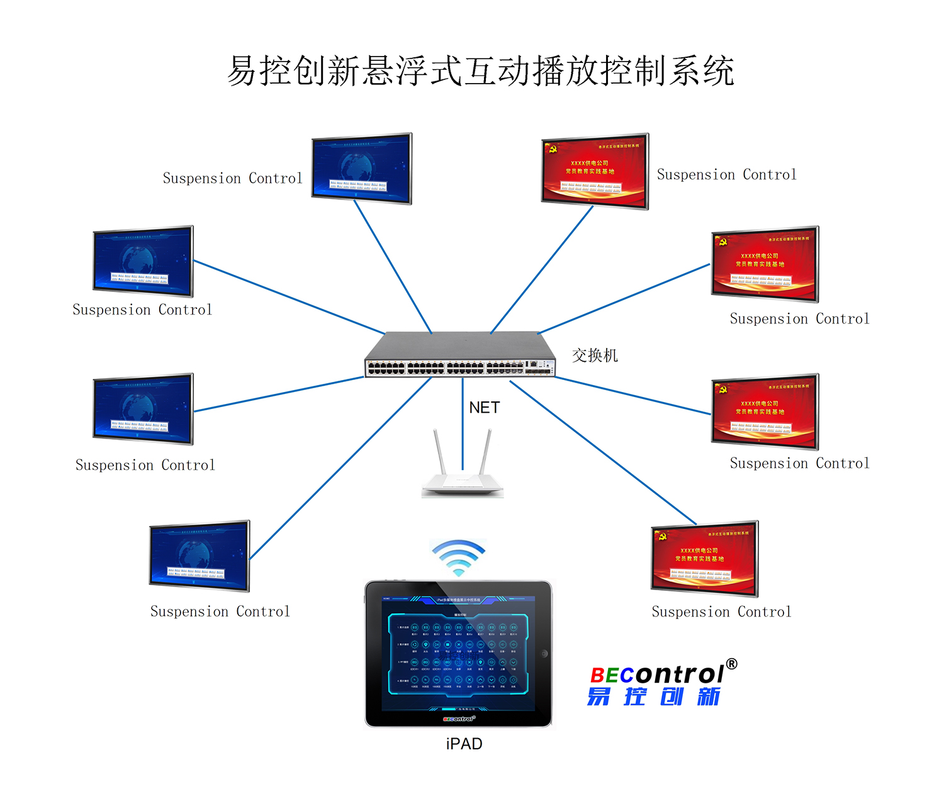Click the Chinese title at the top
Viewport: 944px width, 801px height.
click(x=480, y=70)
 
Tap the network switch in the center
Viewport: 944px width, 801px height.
click(x=460, y=356)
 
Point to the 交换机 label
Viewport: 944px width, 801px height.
click(x=595, y=356)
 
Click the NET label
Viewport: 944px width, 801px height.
click(x=484, y=408)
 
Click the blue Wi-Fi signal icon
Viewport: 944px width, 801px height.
click(x=459, y=557)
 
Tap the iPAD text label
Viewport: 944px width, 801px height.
click(x=464, y=744)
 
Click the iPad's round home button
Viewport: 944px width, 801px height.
click(x=544, y=654)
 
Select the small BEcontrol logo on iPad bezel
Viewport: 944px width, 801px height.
click(x=459, y=719)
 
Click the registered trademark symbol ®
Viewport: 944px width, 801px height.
click(x=731, y=664)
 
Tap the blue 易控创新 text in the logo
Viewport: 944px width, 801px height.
click(x=654, y=697)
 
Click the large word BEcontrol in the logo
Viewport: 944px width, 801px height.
click(x=657, y=675)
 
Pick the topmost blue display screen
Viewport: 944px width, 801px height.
click(x=361, y=168)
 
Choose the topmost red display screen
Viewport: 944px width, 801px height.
click(x=595, y=171)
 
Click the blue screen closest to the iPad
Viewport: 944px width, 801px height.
click(x=199, y=556)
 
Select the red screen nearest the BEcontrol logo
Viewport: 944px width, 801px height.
click(x=704, y=558)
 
